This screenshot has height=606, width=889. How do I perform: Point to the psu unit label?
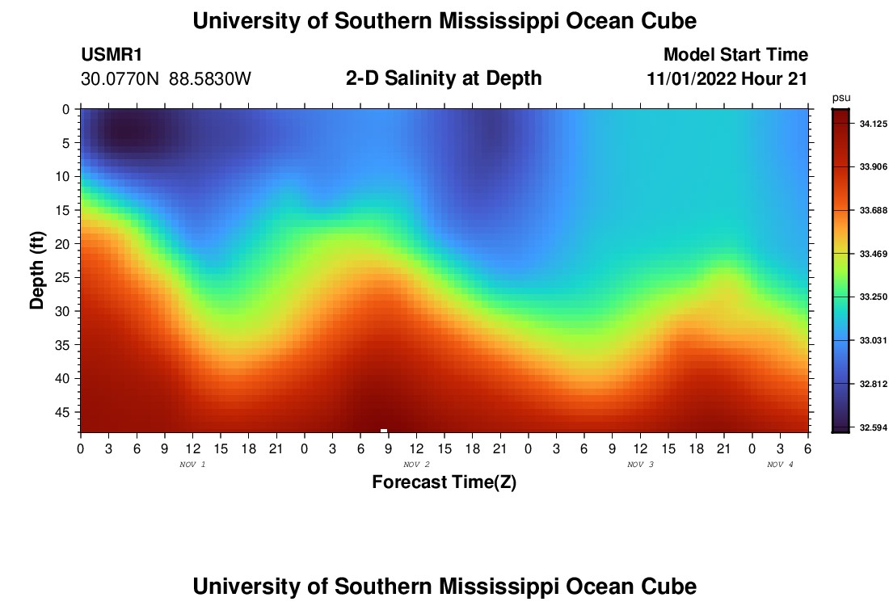[841, 98]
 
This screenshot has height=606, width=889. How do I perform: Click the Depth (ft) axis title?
[36, 271]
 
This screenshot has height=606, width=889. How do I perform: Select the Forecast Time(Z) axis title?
[444, 482]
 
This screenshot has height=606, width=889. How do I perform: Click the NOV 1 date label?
[192, 465]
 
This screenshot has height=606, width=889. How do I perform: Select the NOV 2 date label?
[416, 465]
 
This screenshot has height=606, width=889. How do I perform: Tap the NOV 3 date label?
[640, 465]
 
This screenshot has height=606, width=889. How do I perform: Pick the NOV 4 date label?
[780, 465]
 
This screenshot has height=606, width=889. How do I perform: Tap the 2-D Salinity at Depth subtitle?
[444, 78]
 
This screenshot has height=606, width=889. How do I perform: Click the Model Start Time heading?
[735, 55]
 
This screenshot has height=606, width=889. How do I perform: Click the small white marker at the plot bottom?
[384, 431]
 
